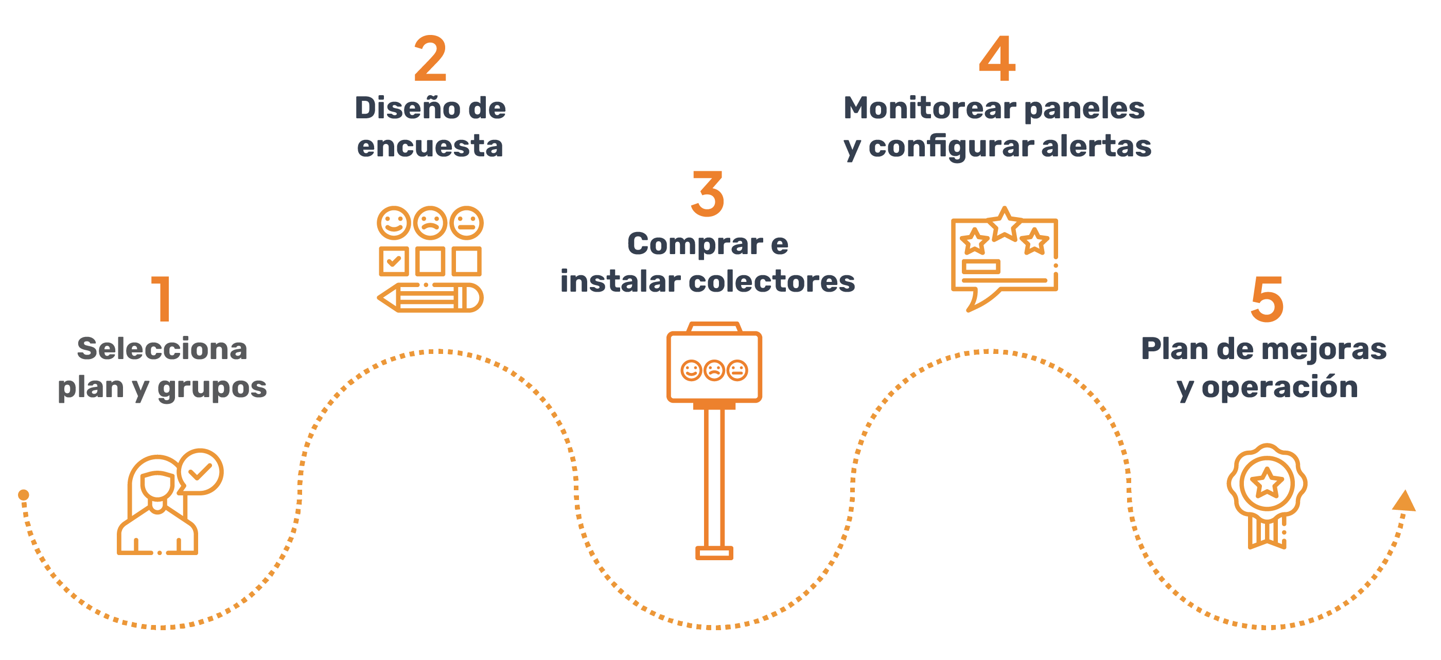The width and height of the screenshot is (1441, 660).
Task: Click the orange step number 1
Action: coord(162,299)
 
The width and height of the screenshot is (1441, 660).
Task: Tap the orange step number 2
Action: coord(430,58)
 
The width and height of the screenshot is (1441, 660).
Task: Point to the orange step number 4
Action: coord(997,58)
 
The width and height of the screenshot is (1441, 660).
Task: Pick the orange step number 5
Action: coord(1267,299)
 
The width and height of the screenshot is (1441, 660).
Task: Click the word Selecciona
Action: coord(162,348)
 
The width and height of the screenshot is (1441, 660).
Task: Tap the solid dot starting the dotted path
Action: coord(24,495)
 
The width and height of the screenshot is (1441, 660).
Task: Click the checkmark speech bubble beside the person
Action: coord(200,472)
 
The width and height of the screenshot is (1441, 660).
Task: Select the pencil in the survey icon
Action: coord(430,297)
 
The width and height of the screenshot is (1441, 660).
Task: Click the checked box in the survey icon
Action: coord(394,261)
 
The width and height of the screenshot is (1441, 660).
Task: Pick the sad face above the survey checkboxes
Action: coord(430,223)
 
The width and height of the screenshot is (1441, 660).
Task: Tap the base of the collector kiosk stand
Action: coord(714,553)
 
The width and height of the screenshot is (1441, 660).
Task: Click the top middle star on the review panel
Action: coord(1005,224)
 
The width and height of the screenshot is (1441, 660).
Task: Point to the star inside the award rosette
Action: coord(1267,483)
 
